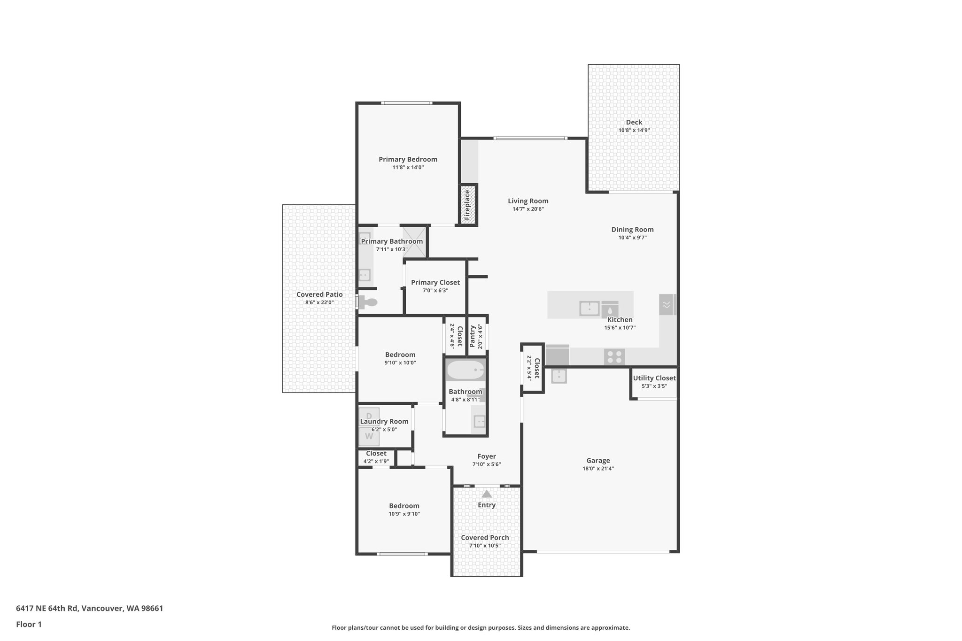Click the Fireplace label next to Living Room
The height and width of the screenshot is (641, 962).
(x=467, y=205)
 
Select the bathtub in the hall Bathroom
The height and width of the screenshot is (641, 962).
(x=465, y=370)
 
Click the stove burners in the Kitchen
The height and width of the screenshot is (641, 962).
(x=614, y=357)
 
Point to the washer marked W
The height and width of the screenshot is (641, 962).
(x=369, y=437)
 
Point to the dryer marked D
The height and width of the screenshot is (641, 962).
(x=369, y=416)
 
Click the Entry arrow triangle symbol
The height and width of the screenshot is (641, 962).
(x=487, y=494)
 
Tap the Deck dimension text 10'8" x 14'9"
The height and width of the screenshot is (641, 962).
(x=634, y=131)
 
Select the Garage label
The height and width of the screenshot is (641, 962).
(x=598, y=461)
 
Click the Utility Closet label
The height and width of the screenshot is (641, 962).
(x=654, y=378)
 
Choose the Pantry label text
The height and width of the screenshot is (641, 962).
(x=473, y=336)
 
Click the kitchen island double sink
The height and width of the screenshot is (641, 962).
(x=589, y=309)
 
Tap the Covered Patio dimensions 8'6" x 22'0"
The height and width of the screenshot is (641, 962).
(x=319, y=303)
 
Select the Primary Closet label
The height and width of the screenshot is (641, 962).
(x=435, y=282)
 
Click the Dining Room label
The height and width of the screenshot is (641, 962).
(x=632, y=230)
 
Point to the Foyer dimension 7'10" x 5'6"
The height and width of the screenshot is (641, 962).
(x=487, y=464)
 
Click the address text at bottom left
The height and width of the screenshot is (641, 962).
(x=90, y=609)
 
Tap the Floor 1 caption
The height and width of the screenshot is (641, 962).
(x=29, y=625)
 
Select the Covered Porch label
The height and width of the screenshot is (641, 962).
(x=485, y=538)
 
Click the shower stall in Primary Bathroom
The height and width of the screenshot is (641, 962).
(x=415, y=242)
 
